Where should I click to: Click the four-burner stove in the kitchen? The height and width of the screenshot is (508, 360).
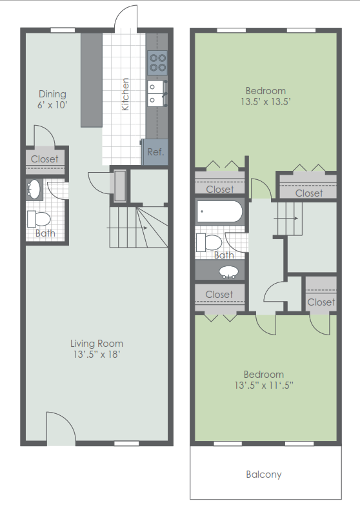point(157,62)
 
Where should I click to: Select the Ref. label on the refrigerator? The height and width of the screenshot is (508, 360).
point(155,153)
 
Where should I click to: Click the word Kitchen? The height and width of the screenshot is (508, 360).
point(126,93)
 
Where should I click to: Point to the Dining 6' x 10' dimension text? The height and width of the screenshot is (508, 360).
point(52,104)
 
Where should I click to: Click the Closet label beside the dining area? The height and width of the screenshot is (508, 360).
point(45,159)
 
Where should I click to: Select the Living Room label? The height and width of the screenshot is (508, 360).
point(97,343)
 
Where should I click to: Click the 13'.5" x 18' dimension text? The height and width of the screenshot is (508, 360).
point(97,354)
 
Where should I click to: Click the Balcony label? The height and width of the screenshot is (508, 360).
point(264,474)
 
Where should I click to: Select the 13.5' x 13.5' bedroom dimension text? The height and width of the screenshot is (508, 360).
point(264,102)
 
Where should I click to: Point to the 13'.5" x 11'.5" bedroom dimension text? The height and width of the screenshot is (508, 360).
point(264,386)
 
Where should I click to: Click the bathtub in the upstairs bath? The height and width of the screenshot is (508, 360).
point(219,211)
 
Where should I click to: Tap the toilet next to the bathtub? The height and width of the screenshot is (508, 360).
point(210,242)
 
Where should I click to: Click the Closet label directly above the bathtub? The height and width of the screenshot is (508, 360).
point(220,189)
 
